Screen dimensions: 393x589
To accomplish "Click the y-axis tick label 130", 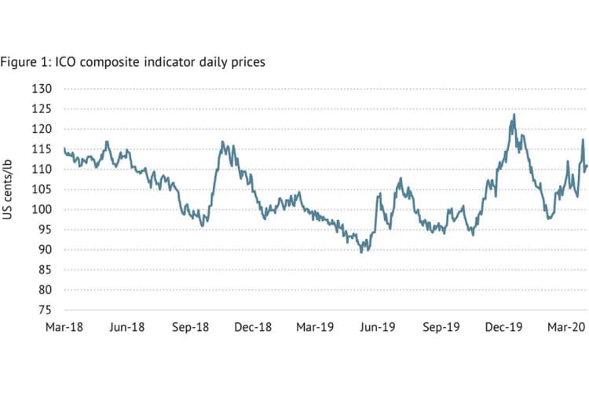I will [41, 89].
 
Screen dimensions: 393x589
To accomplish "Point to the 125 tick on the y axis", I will [41, 108].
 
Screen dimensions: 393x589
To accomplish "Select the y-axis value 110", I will [41, 169].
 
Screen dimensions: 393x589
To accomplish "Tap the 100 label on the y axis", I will [41, 209].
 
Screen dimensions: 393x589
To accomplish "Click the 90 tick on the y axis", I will [43, 249].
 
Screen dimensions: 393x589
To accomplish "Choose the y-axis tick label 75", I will [43, 310].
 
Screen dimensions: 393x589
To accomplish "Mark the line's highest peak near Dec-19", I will [514, 115].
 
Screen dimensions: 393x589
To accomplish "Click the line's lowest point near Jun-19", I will [361, 252].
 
